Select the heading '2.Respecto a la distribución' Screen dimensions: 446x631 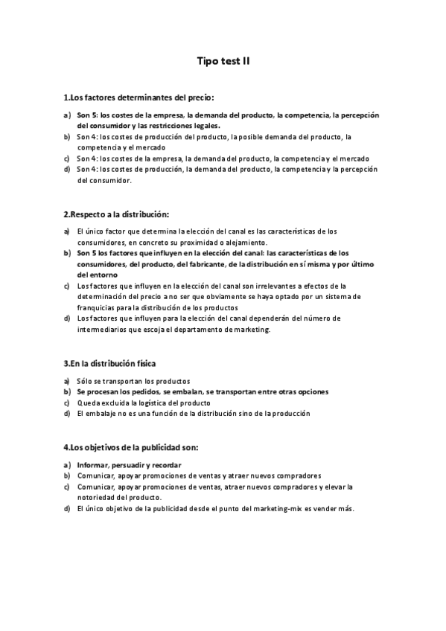coord(116,214)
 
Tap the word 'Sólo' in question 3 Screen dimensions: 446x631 coord(85,381)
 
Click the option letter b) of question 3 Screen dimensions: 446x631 coord(67,391)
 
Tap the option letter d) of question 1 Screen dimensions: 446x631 coord(67,170)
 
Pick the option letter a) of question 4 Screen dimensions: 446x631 coord(67,465)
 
